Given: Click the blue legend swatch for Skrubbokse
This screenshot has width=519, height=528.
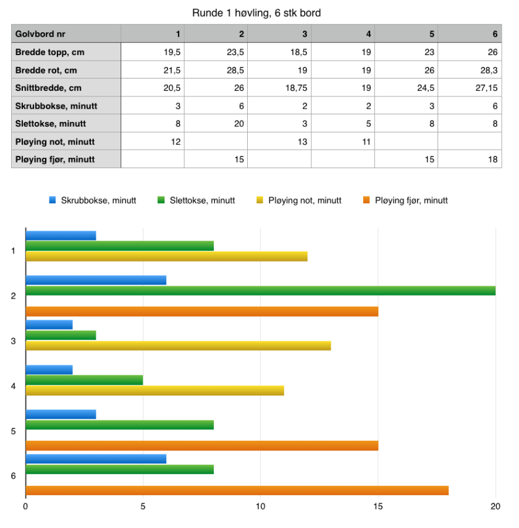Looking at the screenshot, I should [53, 200].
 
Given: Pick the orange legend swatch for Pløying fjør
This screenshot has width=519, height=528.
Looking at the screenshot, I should [366, 200].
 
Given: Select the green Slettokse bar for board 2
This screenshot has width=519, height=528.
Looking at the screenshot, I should [259, 291].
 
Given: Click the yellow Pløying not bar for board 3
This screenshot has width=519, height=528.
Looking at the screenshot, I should [178, 346].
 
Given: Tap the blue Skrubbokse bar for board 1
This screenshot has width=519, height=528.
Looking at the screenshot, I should [61, 236].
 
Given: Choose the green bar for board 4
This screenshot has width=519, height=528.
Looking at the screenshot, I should [84, 380].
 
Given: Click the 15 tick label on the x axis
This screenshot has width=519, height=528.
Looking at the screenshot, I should [378, 506].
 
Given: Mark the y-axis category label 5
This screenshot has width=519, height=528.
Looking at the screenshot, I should [14, 431].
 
